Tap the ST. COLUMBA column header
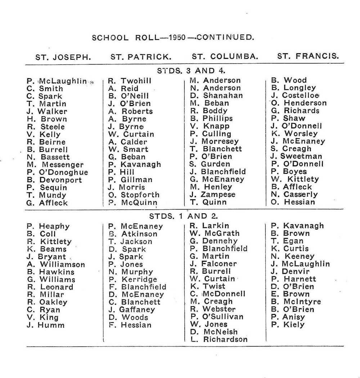pos(225,56)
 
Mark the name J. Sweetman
pos(297,156)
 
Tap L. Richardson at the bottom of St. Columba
pos(219,339)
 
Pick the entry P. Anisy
pos(288,317)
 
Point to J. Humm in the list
pos(45,325)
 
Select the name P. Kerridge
pos(132,279)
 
